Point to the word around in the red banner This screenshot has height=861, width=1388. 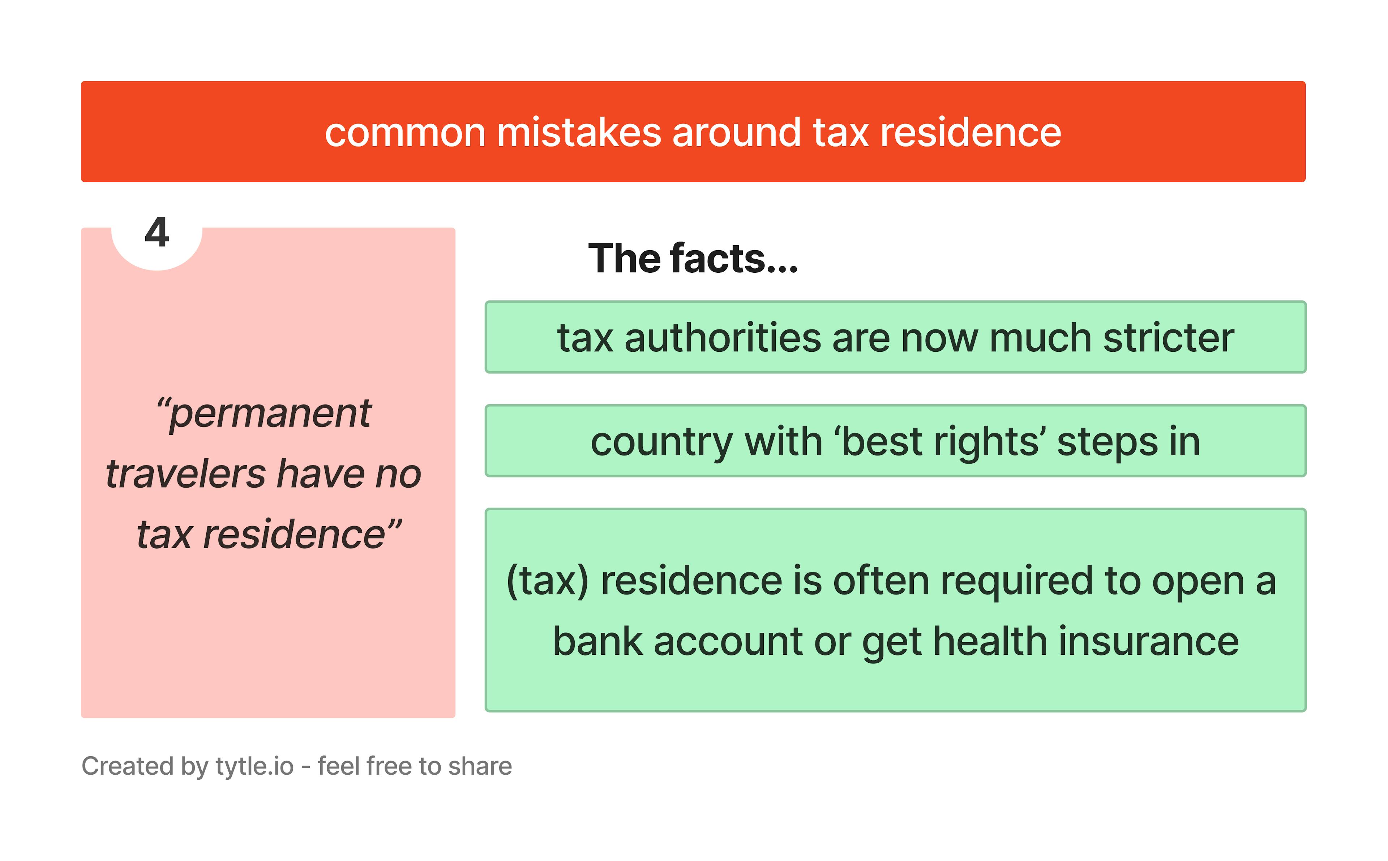tap(737, 133)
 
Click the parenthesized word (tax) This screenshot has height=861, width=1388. tap(547, 581)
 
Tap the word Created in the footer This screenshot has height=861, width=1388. tap(128, 766)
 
